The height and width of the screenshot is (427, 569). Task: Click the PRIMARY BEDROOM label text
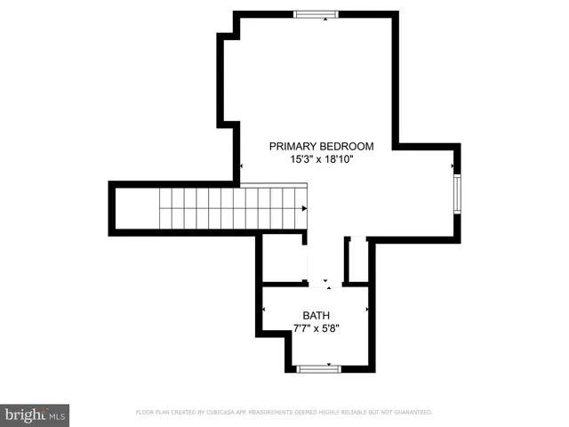point(321,146)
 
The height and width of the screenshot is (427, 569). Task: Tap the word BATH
point(316,315)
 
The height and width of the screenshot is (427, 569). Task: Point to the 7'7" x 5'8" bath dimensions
point(316,328)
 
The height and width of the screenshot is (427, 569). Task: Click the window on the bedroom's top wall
point(317,14)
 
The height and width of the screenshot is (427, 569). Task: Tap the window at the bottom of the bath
point(318,368)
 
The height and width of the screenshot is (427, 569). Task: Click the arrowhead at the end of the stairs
point(304,209)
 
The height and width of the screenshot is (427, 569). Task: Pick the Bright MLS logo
point(36,415)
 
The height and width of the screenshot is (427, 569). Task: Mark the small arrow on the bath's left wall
point(263,310)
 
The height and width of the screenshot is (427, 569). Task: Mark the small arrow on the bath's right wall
point(367,310)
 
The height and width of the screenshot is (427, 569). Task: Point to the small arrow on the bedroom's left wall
point(239,165)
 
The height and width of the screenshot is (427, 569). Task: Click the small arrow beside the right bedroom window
point(453,165)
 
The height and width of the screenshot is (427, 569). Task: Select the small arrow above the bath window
point(328,364)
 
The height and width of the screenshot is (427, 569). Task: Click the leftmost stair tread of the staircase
point(166,209)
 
